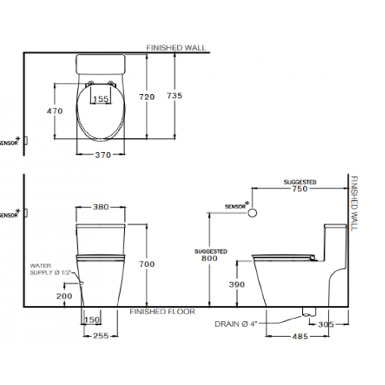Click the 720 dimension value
click(x=147, y=97)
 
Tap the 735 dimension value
click(x=174, y=95)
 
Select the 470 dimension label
click(x=55, y=111)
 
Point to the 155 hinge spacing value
click(x=101, y=99)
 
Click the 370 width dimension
click(x=103, y=155)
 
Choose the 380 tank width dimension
click(x=101, y=207)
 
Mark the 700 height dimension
click(x=147, y=264)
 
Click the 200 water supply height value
click(x=64, y=296)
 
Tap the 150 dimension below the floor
click(x=92, y=320)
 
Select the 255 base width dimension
click(x=101, y=336)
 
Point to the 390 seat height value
click(x=237, y=285)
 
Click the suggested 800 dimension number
click(x=209, y=258)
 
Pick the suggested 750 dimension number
click(x=300, y=189)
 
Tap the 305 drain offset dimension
click(x=326, y=324)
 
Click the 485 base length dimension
click(x=300, y=336)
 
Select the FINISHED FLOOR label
click(x=162, y=312)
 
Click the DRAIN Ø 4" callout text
click(x=236, y=324)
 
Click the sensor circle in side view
click(x=252, y=213)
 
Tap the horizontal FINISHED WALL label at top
click(x=176, y=48)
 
